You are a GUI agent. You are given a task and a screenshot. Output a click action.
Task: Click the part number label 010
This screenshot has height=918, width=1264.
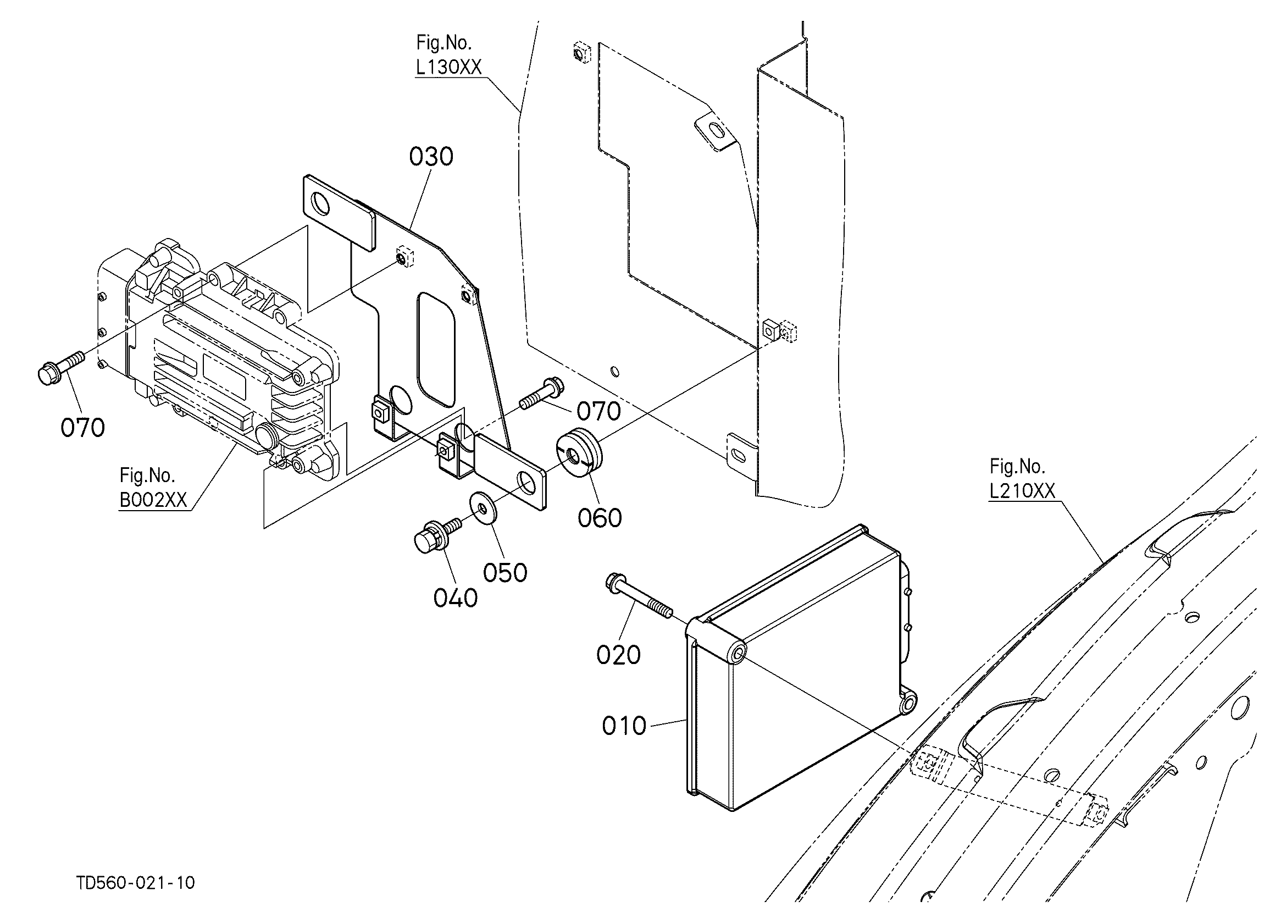click(624, 726)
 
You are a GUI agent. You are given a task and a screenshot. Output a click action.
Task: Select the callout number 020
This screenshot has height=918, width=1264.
click(619, 655)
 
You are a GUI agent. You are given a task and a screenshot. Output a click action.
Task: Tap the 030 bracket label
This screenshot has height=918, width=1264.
click(431, 157)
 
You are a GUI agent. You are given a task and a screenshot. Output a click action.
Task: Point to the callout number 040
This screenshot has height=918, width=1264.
click(456, 598)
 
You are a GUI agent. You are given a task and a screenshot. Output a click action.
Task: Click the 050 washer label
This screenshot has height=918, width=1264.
click(505, 572)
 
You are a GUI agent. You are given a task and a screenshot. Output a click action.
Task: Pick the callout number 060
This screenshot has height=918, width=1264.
click(600, 518)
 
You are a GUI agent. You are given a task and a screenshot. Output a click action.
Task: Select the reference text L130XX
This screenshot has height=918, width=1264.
click(448, 68)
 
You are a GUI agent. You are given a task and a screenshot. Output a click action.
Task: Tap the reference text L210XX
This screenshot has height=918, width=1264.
click(1023, 490)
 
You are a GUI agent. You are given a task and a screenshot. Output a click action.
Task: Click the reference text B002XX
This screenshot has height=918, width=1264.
click(153, 500)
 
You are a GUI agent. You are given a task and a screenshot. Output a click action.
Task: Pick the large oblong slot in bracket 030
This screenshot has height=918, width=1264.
click(436, 350)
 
